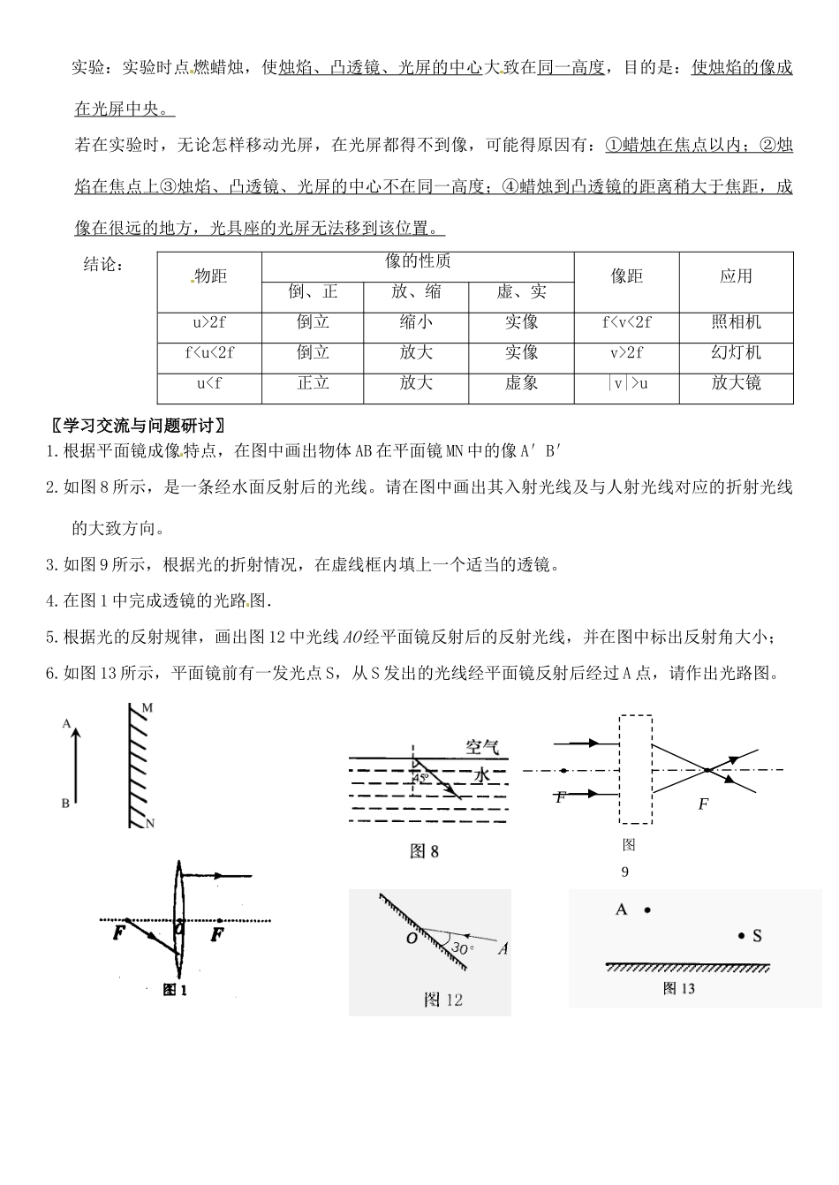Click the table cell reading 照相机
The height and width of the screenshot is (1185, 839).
tap(736, 322)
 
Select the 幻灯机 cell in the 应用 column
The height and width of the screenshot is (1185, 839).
tap(736, 353)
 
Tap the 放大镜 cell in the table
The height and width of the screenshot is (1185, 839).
tap(736, 383)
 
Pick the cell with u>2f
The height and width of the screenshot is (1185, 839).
tap(209, 322)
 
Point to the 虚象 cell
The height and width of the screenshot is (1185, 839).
tap(521, 383)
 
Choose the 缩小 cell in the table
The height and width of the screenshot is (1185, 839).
tap(416, 322)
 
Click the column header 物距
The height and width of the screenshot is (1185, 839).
tap(210, 276)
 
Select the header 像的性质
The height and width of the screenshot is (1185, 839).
tap(418, 261)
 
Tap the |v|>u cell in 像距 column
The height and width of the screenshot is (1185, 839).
tap(627, 383)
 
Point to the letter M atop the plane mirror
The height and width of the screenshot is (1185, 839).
tap(147, 708)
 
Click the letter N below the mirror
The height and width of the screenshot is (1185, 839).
tap(149, 824)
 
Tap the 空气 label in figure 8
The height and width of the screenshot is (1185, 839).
tap(482, 747)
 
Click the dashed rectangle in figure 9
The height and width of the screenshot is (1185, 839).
tap(635, 769)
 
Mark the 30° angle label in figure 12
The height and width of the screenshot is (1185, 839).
tap(463, 948)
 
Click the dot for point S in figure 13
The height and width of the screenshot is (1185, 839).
tap(741, 935)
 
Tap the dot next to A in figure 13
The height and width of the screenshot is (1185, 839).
tap(647, 910)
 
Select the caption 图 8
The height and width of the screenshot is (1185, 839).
tap(424, 851)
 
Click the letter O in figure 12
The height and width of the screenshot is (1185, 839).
tap(411, 939)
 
